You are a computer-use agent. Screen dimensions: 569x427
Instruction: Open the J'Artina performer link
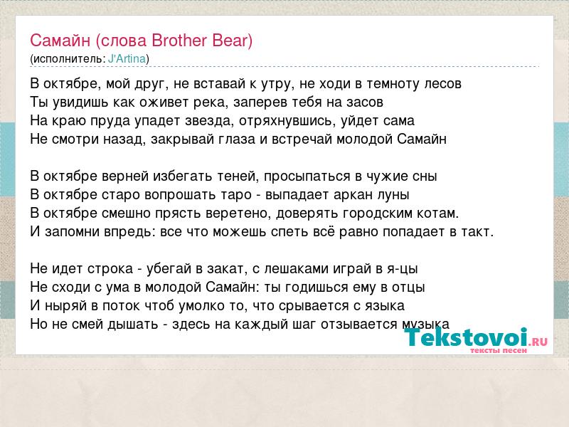[127, 59]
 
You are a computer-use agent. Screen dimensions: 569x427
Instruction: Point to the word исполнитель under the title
[68, 59]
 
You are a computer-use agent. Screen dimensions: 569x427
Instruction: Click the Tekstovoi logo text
[466, 337]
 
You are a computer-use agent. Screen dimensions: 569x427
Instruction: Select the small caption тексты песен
[499, 350]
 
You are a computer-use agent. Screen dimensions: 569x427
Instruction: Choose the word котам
[438, 213]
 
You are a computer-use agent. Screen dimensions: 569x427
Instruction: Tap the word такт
[477, 232]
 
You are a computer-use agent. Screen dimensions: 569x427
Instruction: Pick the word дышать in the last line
[132, 325]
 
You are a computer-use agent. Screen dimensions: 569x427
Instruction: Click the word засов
[365, 102]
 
